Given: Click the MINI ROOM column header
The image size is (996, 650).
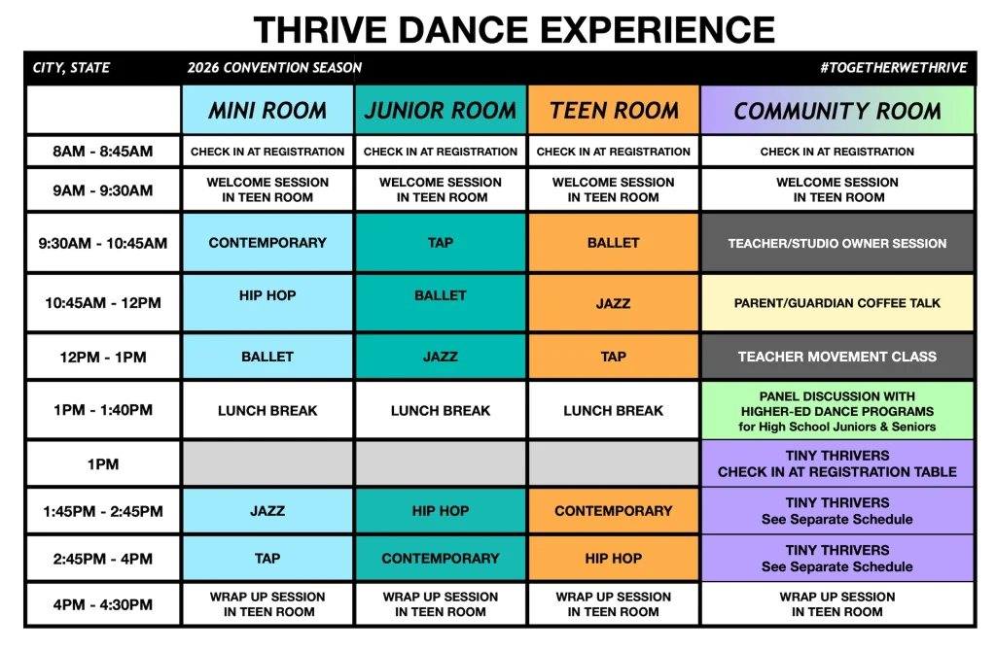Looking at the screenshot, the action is (267, 110).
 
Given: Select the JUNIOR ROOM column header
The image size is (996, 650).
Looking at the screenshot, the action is (441, 110).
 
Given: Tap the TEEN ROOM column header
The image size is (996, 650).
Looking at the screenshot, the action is (614, 110).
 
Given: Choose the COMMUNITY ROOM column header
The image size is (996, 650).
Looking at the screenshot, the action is (837, 110).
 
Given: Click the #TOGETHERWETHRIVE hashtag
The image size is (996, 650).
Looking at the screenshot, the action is (894, 68).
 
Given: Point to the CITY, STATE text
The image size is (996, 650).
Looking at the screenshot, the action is (71, 68).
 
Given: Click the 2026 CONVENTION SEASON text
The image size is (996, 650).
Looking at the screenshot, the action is (274, 68).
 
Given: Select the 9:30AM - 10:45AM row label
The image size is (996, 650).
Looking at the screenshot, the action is (103, 243).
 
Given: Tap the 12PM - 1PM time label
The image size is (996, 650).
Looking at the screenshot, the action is (103, 357).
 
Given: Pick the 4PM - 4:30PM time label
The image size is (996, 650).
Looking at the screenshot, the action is (103, 604).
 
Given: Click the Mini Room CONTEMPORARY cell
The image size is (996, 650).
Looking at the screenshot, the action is (267, 243).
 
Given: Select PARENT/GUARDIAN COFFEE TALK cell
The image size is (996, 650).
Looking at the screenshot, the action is (837, 303).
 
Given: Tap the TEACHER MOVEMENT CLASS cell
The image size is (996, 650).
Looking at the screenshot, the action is (837, 357).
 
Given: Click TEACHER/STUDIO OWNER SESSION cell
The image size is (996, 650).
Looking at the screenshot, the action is (837, 243).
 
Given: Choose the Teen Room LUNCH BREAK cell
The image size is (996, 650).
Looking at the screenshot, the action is (614, 410).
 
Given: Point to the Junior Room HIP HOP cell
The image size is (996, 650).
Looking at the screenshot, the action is (441, 510).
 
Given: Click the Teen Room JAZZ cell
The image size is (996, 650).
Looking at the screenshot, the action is (614, 303).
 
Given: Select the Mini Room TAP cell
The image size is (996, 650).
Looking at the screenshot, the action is (267, 558).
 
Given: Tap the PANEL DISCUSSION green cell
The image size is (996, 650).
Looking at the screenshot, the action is (837, 410).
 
